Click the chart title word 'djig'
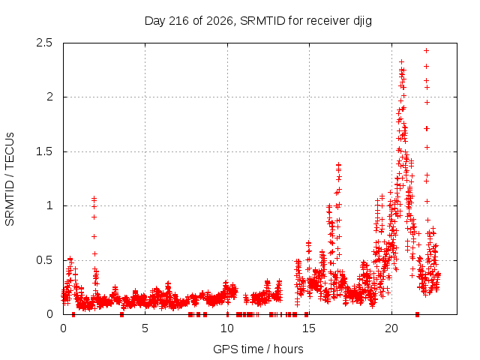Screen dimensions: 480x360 362,22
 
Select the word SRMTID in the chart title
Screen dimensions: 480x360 262,21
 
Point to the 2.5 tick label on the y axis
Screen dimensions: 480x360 44,43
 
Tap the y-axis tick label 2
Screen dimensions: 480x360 49,97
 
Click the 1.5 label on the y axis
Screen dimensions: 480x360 44,151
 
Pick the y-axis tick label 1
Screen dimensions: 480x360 49,205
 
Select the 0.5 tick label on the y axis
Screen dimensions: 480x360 44,260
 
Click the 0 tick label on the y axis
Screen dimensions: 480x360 49,314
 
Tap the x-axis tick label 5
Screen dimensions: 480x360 145,328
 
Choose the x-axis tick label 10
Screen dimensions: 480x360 227,328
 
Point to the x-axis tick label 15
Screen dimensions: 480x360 309,328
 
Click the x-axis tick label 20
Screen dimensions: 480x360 391,328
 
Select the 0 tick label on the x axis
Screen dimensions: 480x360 63,328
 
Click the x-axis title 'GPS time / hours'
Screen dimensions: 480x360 258,349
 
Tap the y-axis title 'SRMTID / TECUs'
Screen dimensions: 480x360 10,179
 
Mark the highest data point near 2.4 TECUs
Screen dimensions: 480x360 426,50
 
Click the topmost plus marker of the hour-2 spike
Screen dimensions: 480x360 94,198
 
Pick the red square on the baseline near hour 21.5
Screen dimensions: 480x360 417,314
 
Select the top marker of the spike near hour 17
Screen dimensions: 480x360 338,165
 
